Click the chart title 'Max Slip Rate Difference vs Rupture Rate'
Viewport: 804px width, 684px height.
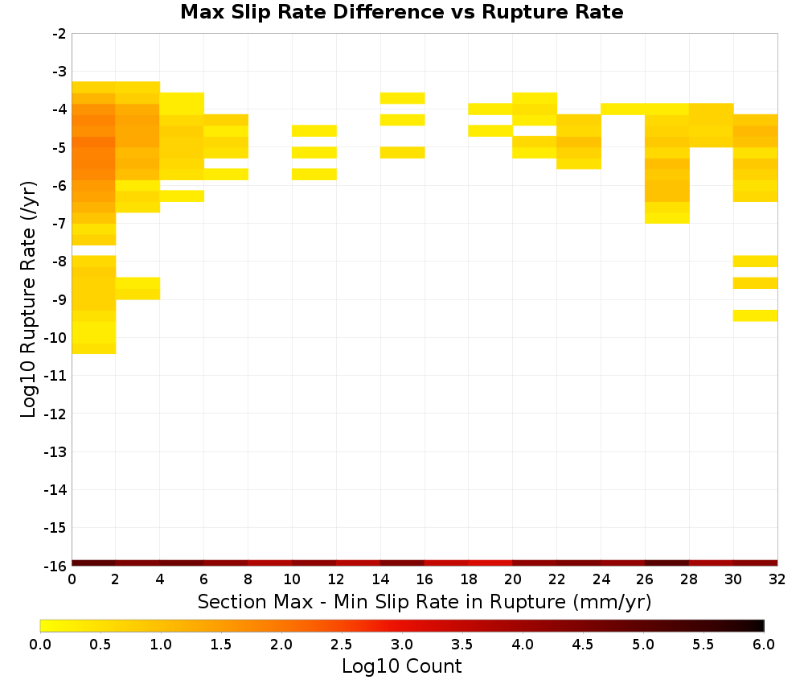coord(401,12)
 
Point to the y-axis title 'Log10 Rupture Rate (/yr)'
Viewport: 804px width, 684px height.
coord(28,299)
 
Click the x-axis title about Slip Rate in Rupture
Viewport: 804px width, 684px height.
coord(424,601)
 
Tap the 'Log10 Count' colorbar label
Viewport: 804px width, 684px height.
coord(401,666)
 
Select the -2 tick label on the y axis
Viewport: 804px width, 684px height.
coord(59,34)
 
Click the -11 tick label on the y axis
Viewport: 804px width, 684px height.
coord(55,376)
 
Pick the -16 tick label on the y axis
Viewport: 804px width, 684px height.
coord(55,566)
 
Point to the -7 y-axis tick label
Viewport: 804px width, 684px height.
coord(59,224)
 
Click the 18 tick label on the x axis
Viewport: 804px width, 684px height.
coord(468,579)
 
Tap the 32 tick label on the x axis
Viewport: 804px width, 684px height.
coord(777,579)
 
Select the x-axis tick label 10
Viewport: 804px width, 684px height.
coord(292,579)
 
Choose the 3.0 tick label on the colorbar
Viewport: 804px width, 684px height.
coord(401,644)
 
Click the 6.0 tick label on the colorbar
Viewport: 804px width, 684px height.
coord(764,644)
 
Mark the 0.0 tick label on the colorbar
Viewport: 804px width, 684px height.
coord(40,644)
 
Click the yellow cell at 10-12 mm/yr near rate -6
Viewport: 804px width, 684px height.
coord(314,175)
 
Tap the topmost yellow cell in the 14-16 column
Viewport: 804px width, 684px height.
coord(403,98)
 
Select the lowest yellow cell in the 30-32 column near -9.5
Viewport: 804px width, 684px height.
coord(755,315)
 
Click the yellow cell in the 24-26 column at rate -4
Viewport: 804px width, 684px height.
coord(623,109)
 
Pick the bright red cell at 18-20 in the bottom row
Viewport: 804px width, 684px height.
coord(490,563)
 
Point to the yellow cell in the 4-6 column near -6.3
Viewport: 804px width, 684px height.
coord(182,196)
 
